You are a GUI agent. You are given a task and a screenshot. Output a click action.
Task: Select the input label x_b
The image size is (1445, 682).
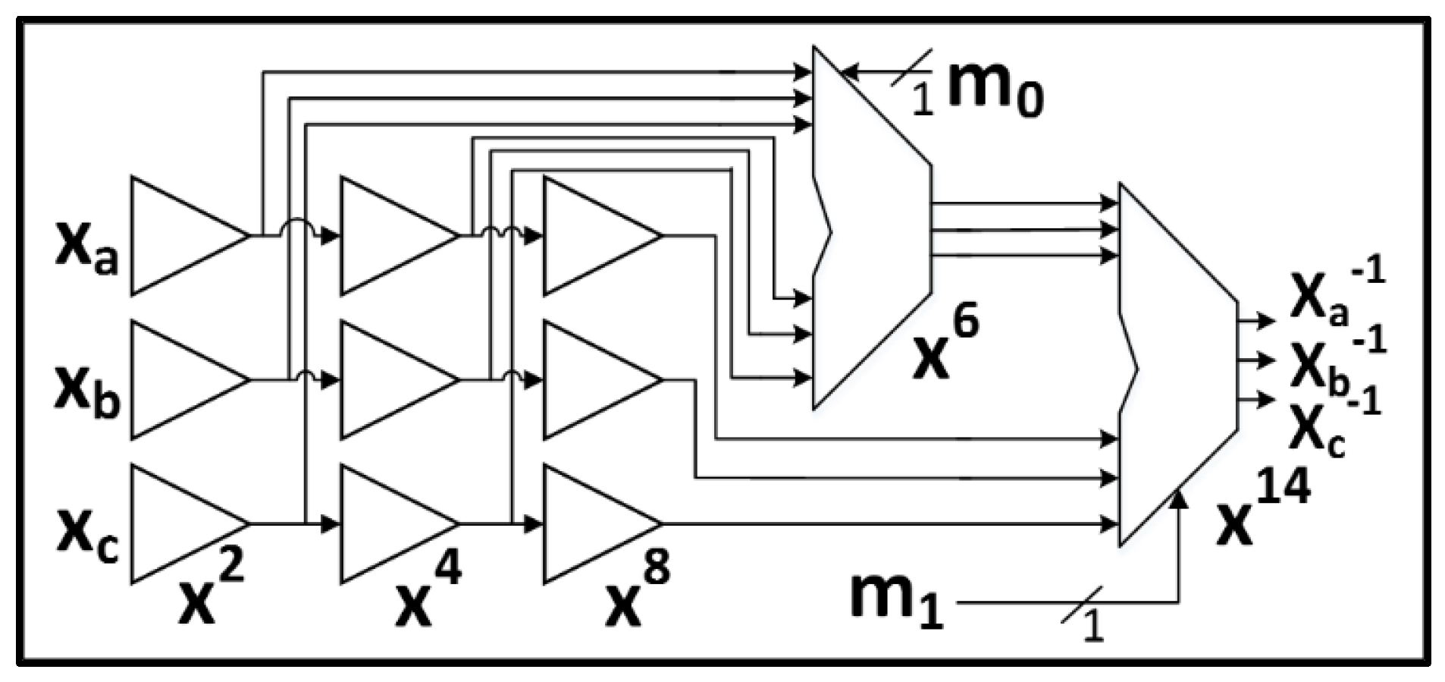[86, 393]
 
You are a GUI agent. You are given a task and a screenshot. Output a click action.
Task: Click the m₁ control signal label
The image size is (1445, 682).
[896, 599]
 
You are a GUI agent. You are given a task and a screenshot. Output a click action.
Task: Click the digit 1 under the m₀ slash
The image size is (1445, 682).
[921, 99]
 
